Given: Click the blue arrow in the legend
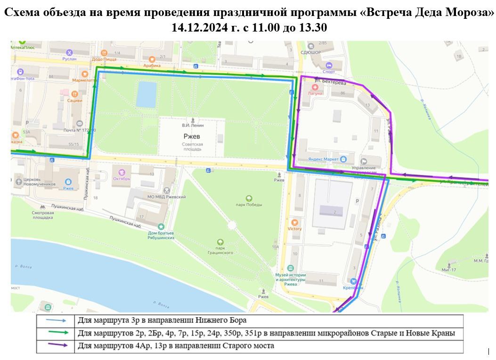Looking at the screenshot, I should pos(56,320).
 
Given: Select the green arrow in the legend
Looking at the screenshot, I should pos(56,333).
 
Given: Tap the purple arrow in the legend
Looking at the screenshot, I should pos(56,346).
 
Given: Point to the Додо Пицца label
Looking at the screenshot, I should pos(104,59).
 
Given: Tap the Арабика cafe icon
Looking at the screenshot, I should pos(152,59).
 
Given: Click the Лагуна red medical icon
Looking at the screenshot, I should pos(315,88).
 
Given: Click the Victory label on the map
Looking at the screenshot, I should pos(295,229).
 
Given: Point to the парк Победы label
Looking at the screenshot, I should pos(249,204).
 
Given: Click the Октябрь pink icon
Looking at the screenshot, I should pos(122,172).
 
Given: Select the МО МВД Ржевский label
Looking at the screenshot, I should pos(167,197).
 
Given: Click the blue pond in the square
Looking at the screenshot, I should pos(146,94).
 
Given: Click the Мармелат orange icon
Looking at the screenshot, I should pos(84,74).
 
